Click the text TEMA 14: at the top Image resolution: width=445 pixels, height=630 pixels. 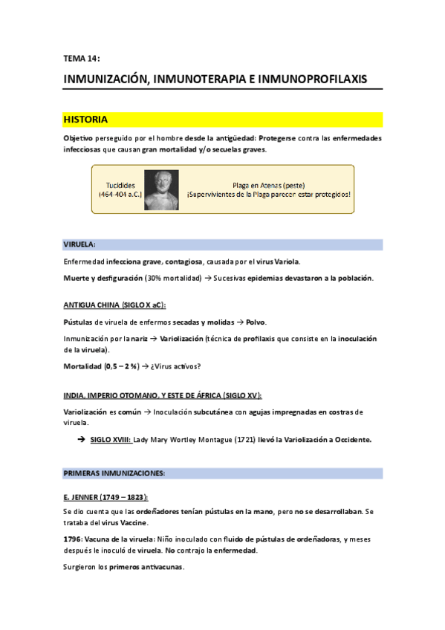[x=81, y=58]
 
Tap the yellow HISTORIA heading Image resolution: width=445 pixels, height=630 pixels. [x=86, y=119]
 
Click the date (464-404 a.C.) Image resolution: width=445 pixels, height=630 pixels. [x=120, y=195]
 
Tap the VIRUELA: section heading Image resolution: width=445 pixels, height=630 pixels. [x=79, y=244]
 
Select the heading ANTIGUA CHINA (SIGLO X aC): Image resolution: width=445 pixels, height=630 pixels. [x=114, y=305]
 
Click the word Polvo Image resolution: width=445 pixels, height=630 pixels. [x=256, y=322]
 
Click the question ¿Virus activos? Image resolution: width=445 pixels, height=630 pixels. [x=179, y=366]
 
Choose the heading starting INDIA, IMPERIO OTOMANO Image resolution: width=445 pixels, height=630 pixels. [x=162, y=394]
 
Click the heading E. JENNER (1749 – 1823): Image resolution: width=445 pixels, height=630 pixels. [x=105, y=496]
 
